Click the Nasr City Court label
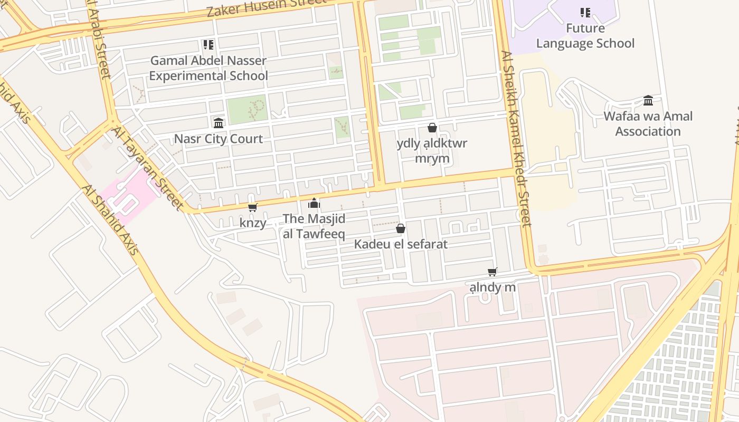(x=218, y=139)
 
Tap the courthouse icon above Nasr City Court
(x=218, y=123)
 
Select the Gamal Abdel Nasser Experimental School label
(x=209, y=68)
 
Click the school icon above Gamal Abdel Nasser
(x=209, y=45)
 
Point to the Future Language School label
(x=585, y=35)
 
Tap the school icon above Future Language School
(x=585, y=12)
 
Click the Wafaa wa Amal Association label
(x=648, y=123)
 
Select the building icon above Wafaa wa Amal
(x=648, y=100)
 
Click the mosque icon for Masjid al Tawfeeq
(x=314, y=203)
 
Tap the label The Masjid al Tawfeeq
(x=314, y=226)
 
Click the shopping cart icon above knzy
(x=253, y=207)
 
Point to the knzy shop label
(x=253, y=223)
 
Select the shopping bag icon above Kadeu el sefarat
(x=401, y=228)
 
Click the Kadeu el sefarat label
(x=401, y=244)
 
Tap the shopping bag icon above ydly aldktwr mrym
(x=432, y=128)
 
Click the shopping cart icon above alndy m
(x=492, y=272)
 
